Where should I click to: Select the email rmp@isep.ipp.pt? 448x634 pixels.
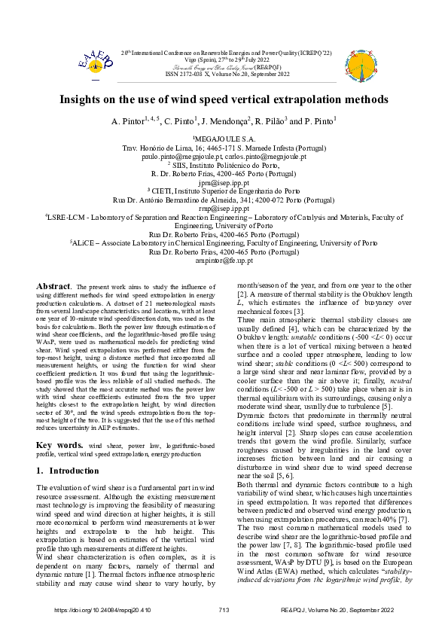(x=224, y=207)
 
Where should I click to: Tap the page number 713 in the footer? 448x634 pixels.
(x=224, y=609)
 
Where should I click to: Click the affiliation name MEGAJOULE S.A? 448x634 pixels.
(x=224, y=139)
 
